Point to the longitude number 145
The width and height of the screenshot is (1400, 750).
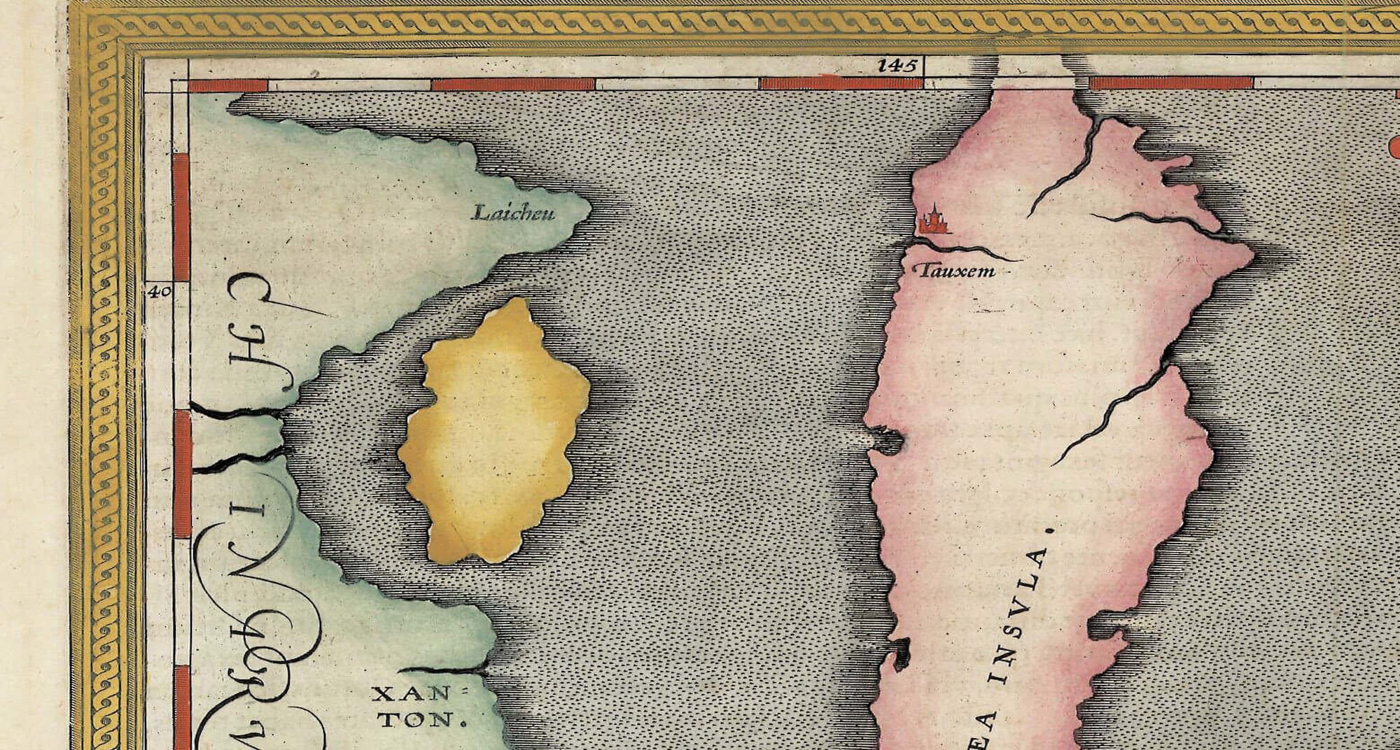(x=896, y=66)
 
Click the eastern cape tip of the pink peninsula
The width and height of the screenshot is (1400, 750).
(x=1250, y=259)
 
